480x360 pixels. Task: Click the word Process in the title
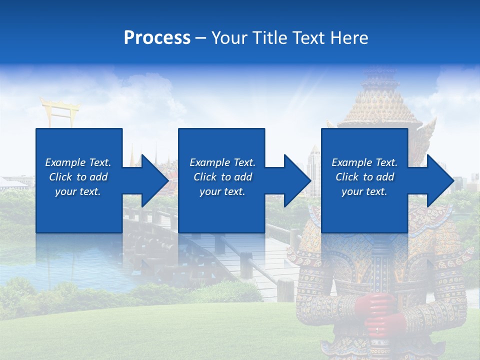(157, 38)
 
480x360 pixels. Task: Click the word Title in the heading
(268, 38)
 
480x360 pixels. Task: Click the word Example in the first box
(65, 162)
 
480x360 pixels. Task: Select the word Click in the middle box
(204, 177)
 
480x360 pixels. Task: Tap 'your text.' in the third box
(364, 191)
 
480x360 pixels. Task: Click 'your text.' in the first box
(78, 191)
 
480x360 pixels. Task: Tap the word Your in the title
(230, 38)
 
